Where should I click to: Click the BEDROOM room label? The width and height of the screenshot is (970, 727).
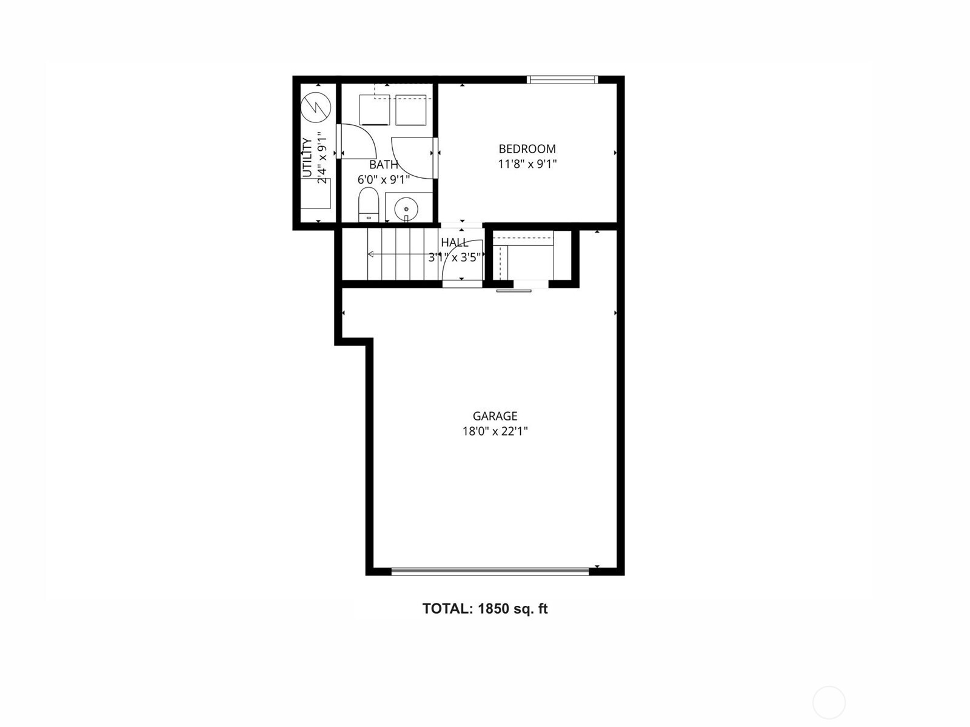(x=527, y=149)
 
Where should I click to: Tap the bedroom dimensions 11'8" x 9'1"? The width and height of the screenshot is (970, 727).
(x=527, y=164)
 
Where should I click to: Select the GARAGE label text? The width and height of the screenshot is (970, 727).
(x=495, y=416)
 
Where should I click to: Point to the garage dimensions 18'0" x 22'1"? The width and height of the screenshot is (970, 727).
(x=495, y=431)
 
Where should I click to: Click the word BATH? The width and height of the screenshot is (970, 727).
(x=384, y=165)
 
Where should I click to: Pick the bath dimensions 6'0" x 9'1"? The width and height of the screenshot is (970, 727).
(x=384, y=180)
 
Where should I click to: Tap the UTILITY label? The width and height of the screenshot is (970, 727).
(x=307, y=158)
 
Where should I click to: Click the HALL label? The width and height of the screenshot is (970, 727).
(x=455, y=242)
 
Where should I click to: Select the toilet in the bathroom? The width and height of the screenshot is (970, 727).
(x=369, y=204)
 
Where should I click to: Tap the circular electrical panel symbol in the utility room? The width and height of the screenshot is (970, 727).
(x=315, y=107)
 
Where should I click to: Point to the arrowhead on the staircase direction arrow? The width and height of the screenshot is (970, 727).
(x=371, y=254)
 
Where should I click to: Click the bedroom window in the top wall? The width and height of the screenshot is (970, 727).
(x=562, y=79)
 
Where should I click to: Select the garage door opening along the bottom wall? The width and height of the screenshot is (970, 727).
(x=490, y=571)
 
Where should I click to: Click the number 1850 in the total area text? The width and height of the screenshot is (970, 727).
(x=493, y=609)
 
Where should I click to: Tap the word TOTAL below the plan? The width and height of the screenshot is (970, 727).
(x=448, y=609)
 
